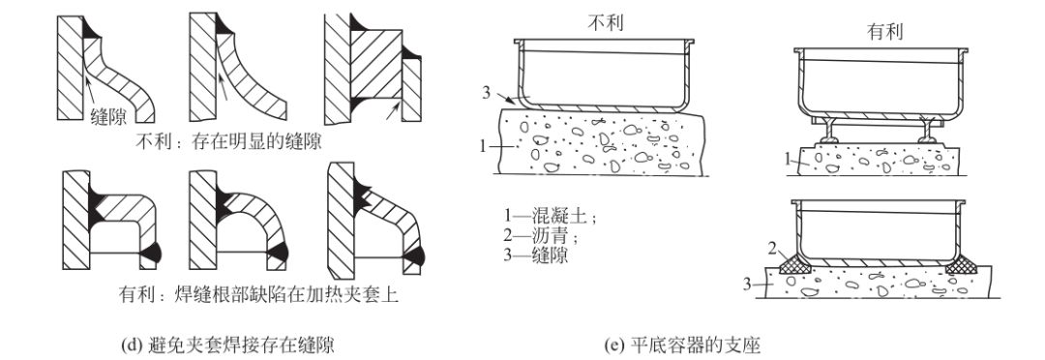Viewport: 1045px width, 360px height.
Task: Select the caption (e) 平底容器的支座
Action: [682, 345]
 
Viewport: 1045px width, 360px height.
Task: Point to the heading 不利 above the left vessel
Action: [607, 22]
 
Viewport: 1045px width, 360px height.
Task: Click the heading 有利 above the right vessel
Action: [885, 31]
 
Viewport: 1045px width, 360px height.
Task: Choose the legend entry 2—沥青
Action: [541, 236]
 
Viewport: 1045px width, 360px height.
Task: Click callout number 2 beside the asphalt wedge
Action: [772, 250]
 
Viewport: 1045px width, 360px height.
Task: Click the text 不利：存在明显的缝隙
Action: [234, 142]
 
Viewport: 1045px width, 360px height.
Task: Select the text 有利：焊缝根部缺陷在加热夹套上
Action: [259, 293]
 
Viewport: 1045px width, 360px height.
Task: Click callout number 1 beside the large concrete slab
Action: [484, 146]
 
